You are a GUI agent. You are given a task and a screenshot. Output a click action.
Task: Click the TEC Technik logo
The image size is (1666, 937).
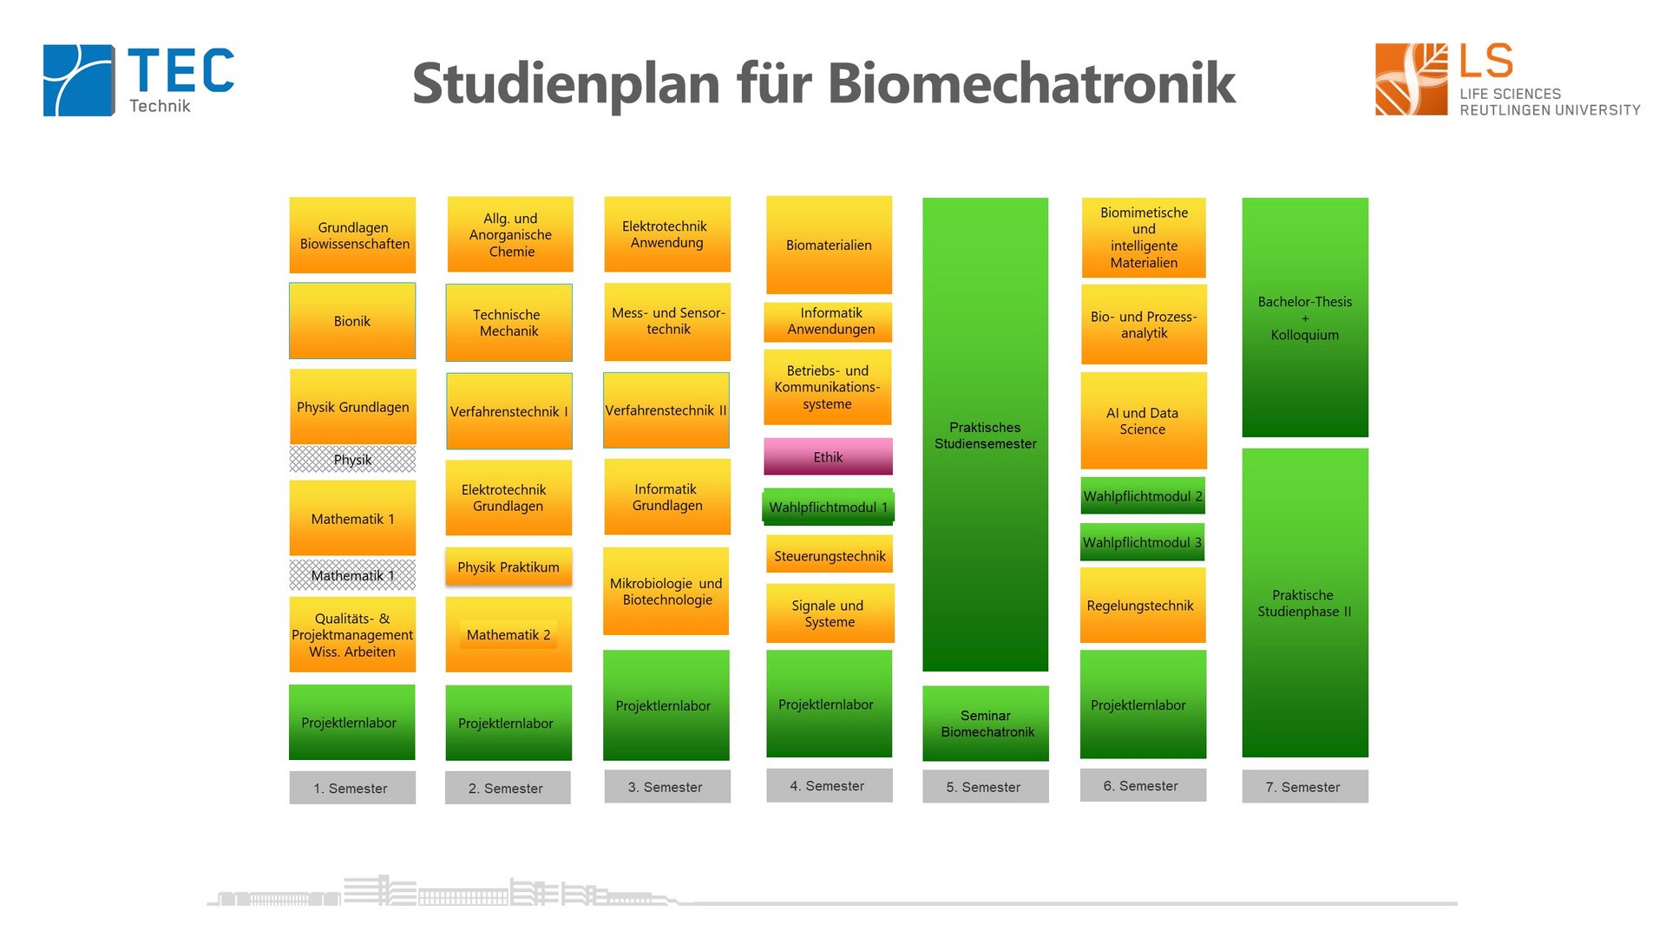tap(139, 80)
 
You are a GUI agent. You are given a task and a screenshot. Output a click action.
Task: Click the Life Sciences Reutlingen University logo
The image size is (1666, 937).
tap(1506, 80)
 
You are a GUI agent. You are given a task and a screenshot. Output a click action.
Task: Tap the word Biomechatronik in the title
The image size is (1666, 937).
tap(1031, 84)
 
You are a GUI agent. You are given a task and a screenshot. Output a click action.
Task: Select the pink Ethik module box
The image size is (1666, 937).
tap(828, 457)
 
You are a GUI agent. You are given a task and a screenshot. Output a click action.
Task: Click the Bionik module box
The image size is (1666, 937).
tap(352, 321)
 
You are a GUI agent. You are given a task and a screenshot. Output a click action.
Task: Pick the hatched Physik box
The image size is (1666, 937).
tap(352, 460)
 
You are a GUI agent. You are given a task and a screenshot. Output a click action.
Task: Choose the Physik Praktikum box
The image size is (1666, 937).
tap(508, 567)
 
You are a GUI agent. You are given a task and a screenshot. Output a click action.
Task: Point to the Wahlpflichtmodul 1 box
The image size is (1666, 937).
tap(828, 508)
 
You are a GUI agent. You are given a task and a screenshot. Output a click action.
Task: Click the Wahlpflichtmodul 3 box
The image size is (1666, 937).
tap(1142, 542)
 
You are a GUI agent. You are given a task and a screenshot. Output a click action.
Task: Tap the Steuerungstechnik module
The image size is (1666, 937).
tap(830, 556)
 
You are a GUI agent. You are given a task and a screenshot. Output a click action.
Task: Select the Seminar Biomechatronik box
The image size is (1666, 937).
tap(986, 724)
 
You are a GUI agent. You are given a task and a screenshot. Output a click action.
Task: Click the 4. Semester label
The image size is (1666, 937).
tap(828, 786)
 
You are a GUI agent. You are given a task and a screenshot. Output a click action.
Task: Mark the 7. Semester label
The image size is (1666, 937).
tap(1304, 787)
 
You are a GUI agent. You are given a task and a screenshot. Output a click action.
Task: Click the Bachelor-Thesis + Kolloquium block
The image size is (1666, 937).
tap(1305, 318)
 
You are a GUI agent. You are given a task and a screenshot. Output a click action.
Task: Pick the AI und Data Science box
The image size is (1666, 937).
tap(1143, 421)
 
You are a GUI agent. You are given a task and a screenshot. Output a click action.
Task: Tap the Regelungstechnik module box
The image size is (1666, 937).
tap(1142, 606)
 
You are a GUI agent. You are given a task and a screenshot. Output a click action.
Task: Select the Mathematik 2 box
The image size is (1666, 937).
tap(508, 635)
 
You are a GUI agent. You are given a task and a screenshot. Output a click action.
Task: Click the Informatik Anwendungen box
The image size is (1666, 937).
tap(830, 322)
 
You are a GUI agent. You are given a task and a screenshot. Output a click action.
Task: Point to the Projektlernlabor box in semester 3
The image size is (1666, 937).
tap(666, 705)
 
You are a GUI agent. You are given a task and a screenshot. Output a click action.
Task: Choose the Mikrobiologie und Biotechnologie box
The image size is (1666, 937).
tap(666, 592)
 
